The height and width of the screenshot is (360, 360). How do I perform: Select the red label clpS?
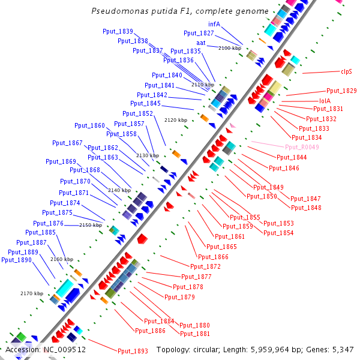346,71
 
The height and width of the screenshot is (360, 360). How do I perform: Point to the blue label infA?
214,25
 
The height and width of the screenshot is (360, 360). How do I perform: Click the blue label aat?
201,43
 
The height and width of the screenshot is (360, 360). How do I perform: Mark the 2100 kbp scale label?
230,48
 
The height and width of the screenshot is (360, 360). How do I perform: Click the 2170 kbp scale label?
32,293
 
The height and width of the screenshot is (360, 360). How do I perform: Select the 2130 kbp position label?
148,155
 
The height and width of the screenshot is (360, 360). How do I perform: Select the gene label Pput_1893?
133,351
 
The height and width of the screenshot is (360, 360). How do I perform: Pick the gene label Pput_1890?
16,260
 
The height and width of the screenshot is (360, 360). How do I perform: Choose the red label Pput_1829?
341,91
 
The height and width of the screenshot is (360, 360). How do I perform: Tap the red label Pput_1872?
205,266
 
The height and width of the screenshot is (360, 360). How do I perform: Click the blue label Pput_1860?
89,125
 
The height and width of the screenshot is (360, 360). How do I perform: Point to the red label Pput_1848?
306,208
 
